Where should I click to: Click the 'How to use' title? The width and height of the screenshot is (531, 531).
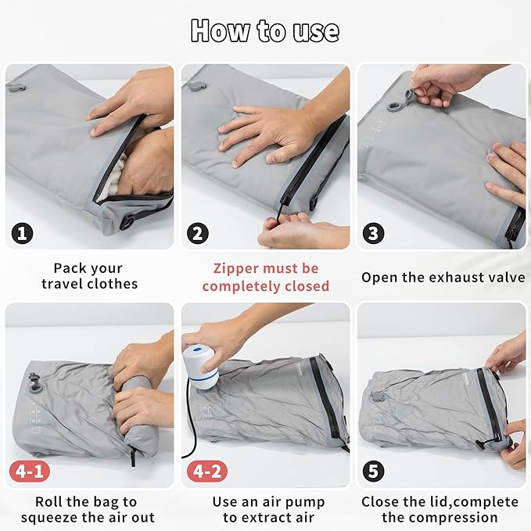265,30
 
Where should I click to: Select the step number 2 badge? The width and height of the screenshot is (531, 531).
199,232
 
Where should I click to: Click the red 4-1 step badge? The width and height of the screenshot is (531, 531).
27,471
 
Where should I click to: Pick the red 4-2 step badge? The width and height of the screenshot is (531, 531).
204,471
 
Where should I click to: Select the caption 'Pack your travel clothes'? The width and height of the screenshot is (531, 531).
89,276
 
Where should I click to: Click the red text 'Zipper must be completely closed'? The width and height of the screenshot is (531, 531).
265,277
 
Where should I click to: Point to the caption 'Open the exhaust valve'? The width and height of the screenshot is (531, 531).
443,277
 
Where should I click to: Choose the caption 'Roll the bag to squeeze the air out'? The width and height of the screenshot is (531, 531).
89,509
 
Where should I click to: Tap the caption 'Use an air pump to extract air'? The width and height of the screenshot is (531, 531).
265,509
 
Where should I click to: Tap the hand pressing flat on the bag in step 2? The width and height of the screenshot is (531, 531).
258,129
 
